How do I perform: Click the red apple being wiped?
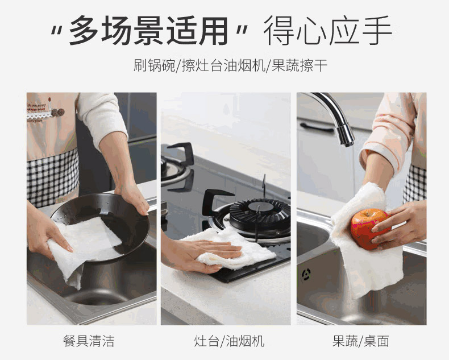point(369,229)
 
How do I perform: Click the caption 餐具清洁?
point(89,341)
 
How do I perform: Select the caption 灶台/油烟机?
point(229,341)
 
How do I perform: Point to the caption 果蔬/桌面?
point(360,341)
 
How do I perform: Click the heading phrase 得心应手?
point(327,30)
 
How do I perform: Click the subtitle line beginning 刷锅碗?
point(230,65)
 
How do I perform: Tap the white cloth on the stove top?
point(232,249)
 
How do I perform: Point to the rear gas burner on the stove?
point(174,169)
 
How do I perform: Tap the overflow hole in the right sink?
point(306,275)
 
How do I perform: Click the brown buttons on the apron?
point(57,112)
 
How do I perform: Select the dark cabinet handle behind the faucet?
point(317,127)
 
